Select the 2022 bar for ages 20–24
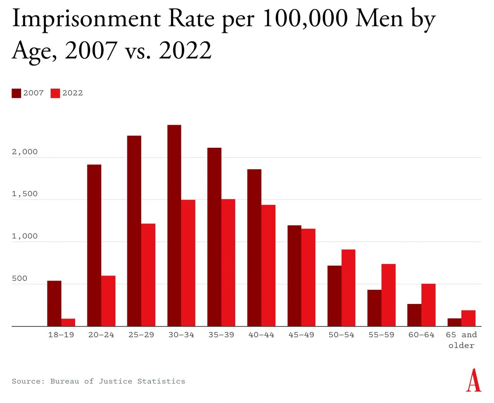tap(108, 301)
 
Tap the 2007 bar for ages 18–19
tap(54, 304)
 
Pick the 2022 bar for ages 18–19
tap(68, 322)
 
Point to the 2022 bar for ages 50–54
tap(348, 288)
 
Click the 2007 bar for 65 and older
tap(454, 322)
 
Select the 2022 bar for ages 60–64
tap(428, 305)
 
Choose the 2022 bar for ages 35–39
tap(228, 263)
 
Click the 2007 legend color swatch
tap(16, 93)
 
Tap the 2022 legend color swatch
tap(55, 93)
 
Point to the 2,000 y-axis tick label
tap(25, 152)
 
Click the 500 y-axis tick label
tap(20, 278)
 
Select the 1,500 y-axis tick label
tap(25, 194)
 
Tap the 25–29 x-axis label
tap(141, 335)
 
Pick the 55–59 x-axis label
tap(381, 335)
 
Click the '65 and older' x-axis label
tap(461, 340)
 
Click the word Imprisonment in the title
tap(86, 19)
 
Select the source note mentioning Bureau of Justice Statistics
tap(99, 381)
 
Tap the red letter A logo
tap(474, 380)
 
